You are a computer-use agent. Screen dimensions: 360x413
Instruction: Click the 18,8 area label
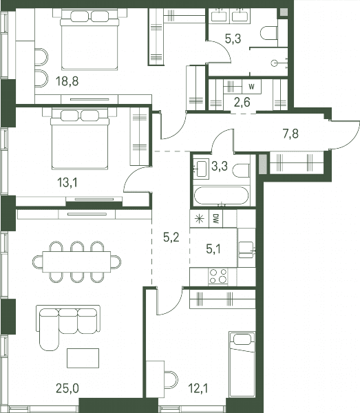67,81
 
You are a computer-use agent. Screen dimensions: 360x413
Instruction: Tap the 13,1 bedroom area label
67,182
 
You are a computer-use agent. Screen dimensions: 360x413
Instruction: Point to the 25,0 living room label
67,388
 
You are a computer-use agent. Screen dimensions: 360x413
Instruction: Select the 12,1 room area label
198,388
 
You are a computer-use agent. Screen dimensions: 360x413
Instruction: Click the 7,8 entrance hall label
290,134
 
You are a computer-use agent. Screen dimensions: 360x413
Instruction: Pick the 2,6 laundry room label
242,102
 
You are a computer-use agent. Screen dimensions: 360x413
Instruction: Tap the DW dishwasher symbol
216,219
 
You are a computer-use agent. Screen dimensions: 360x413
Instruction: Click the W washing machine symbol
252,87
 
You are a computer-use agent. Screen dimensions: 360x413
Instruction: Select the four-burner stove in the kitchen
218,276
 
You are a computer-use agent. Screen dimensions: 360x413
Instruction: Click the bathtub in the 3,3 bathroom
221,195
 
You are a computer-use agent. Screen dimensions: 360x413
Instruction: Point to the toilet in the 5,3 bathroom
269,33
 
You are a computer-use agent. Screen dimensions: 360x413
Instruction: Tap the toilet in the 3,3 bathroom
241,171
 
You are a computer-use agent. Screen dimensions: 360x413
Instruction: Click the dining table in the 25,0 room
76,262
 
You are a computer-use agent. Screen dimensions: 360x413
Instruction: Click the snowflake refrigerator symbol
200,219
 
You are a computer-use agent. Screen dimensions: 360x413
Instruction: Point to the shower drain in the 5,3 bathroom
275,63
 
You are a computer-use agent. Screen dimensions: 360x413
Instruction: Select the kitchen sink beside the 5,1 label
246,250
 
